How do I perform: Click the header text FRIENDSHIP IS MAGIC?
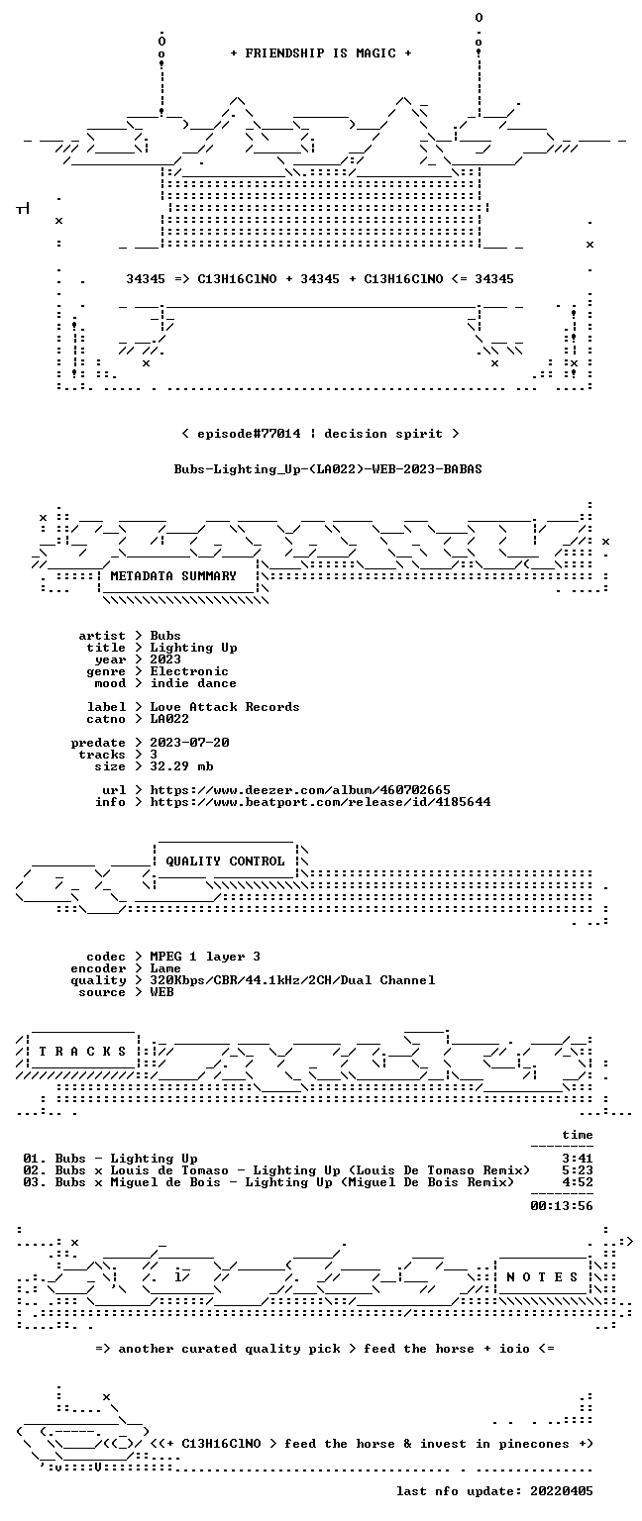pos(321,52)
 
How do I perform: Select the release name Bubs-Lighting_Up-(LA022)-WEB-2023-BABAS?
pos(328,469)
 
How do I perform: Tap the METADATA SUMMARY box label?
pos(173,575)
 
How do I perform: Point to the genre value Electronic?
pos(189,671)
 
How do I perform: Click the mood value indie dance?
pos(193,683)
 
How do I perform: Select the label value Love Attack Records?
pos(225,707)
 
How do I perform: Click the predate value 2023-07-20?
pos(189,743)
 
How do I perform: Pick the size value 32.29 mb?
pos(181,766)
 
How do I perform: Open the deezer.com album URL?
pos(300,790)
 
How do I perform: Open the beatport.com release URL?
pos(320,802)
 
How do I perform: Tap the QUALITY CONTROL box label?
pos(226,861)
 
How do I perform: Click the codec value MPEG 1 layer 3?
pos(205,957)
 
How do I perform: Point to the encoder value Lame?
pos(165,968)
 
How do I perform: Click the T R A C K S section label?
pos(83,1051)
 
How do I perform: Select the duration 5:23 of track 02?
pos(578,1170)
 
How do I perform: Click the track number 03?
pos(31,1182)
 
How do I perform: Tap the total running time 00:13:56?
pos(562,1206)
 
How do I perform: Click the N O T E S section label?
pos(542,1277)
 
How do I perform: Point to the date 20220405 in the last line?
pos(562,1491)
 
